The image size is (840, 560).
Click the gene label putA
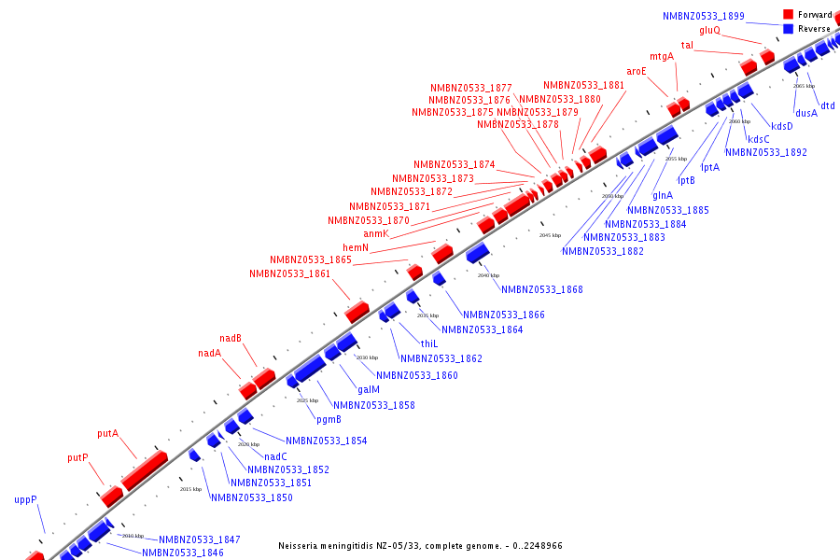[107, 434]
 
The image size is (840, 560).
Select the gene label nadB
[231, 338]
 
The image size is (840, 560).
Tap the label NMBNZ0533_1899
[704, 16]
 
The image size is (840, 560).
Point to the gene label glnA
[663, 195]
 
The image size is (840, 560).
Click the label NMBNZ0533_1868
[542, 289]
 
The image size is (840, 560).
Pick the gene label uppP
[25, 499]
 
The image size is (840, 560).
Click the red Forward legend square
[788, 14]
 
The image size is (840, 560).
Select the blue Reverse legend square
[788, 28]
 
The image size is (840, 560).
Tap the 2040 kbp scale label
[489, 275]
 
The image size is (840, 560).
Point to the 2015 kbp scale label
[190, 489]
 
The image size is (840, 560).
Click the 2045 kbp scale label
[551, 235]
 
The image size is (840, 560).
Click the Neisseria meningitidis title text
[420, 545]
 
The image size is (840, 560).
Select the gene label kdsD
[782, 126]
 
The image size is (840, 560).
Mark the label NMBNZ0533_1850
[252, 497]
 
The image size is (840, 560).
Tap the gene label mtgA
[662, 56]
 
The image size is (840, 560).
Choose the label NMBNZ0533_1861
[289, 273]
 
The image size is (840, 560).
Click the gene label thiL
[429, 343]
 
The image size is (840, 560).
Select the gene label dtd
[828, 105]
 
